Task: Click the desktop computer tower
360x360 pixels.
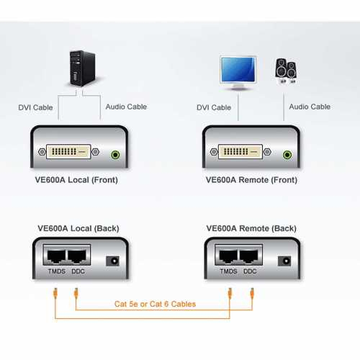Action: pyautogui.click(x=82, y=68)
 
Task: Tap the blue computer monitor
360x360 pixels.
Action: pyautogui.click(x=238, y=73)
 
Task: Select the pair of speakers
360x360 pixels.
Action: pyautogui.click(x=286, y=71)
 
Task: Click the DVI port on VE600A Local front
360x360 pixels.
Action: pyautogui.click(x=68, y=152)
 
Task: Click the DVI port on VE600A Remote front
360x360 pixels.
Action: pyautogui.click(x=240, y=152)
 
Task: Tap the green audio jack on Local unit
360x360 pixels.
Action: pyautogui.click(x=115, y=155)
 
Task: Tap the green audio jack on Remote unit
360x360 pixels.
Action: pyautogui.click(x=287, y=155)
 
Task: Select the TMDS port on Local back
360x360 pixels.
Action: pyautogui.click(x=56, y=256)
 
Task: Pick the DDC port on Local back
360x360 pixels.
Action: pyautogui.click(x=77, y=256)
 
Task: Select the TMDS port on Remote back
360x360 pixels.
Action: pyautogui.click(x=228, y=256)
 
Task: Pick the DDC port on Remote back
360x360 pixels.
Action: pyautogui.click(x=249, y=256)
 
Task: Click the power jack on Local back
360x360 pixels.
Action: pyautogui.click(x=112, y=261)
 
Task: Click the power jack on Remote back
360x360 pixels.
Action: pyautogui.click(x=284, y=261)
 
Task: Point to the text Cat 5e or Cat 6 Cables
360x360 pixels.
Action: pyautogui.click(x=155, y=304)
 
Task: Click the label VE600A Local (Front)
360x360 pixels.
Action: pyautogui.click(x=76, y=180)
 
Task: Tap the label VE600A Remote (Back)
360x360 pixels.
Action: pyautogui.click(x=251, y=228)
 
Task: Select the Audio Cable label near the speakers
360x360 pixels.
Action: pyautogui.click(x=310, y=107)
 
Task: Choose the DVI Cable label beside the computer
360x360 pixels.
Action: pyautogui.click(x=35, y=107)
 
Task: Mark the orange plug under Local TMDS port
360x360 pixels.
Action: pyautogui.click(x=55, y=293)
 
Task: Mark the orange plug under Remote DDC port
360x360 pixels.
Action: pyautogui.click(x=252, y=293)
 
